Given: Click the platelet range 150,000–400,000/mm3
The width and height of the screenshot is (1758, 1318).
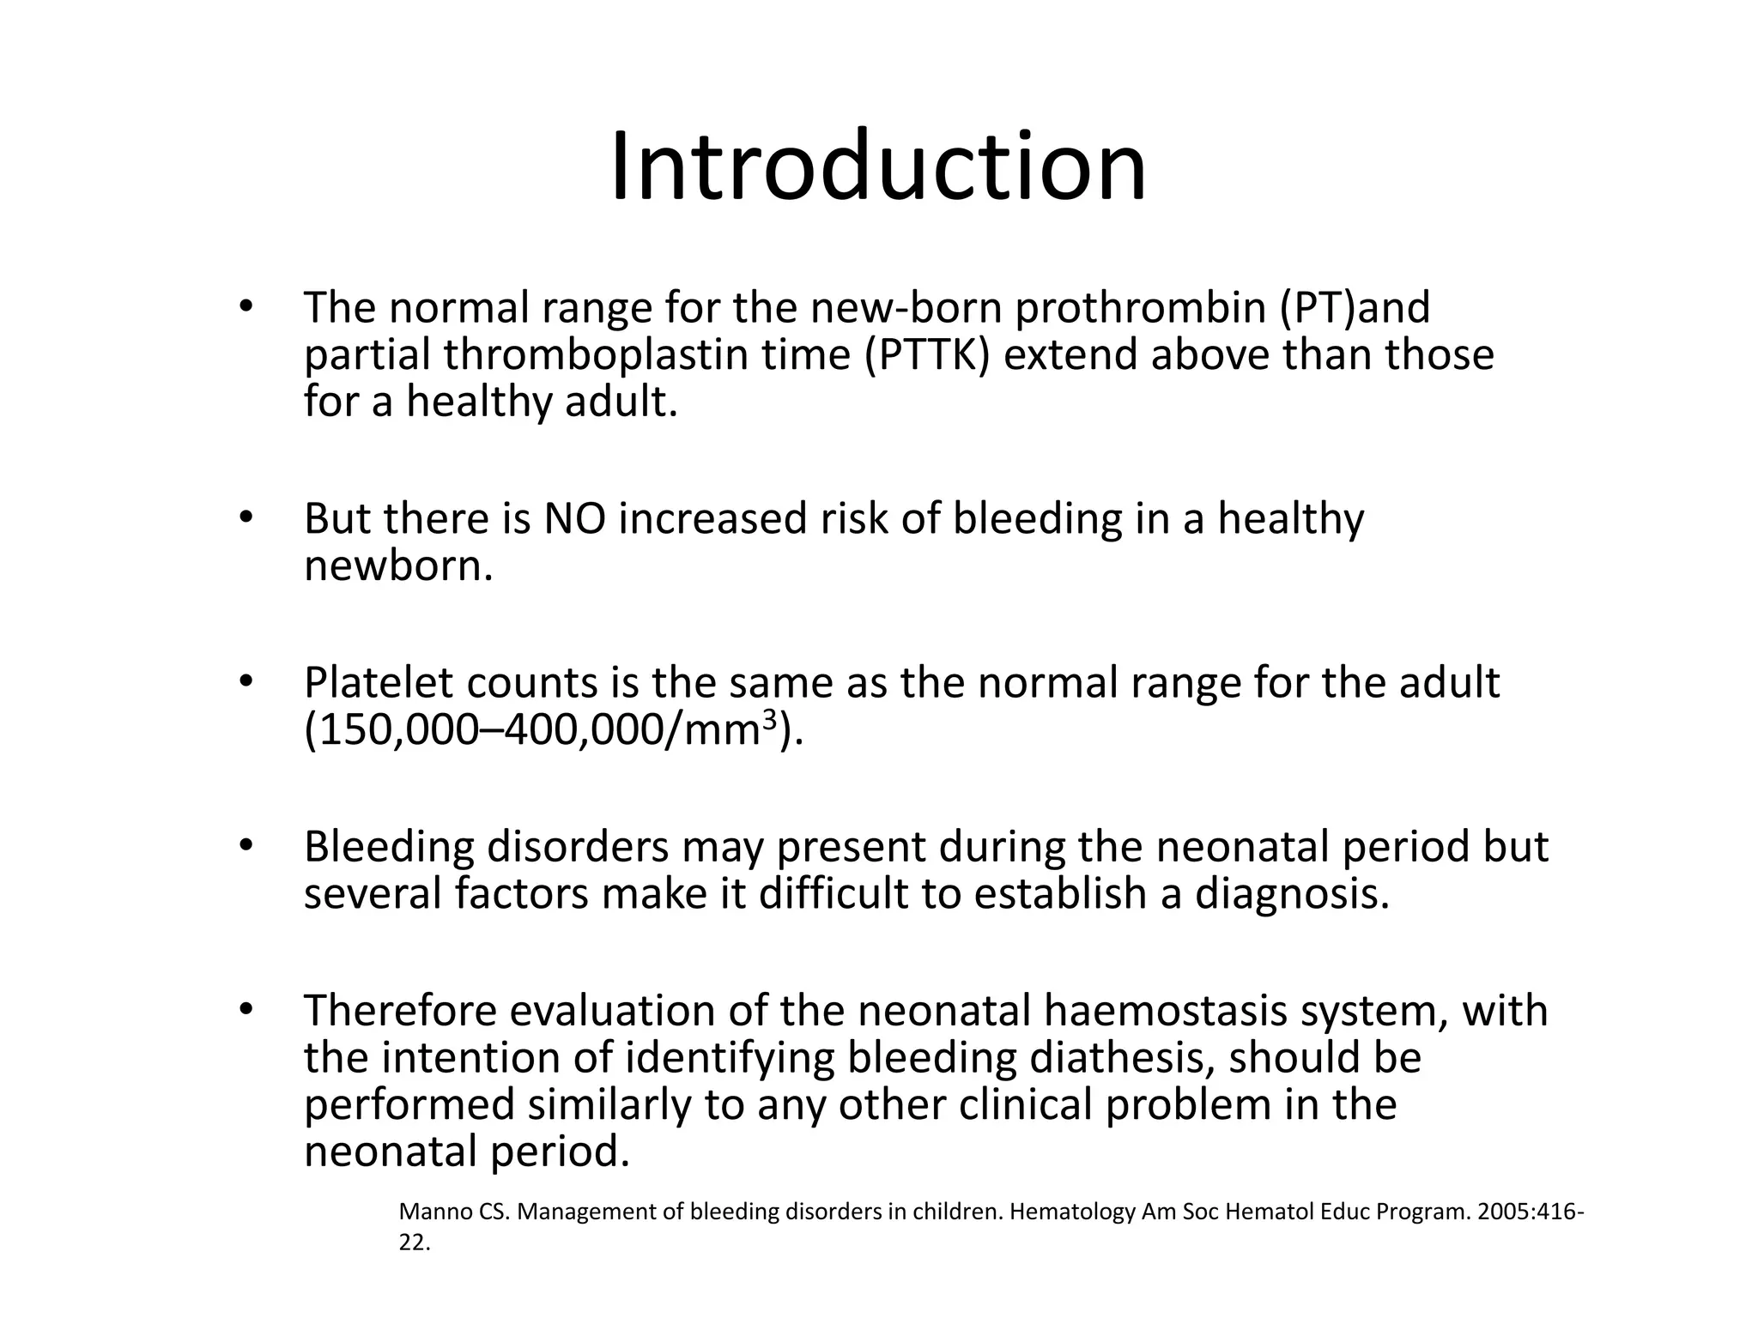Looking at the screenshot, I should click(x=554, y=730).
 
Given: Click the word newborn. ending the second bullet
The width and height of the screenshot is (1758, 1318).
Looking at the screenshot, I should click(x=398, y=566).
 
